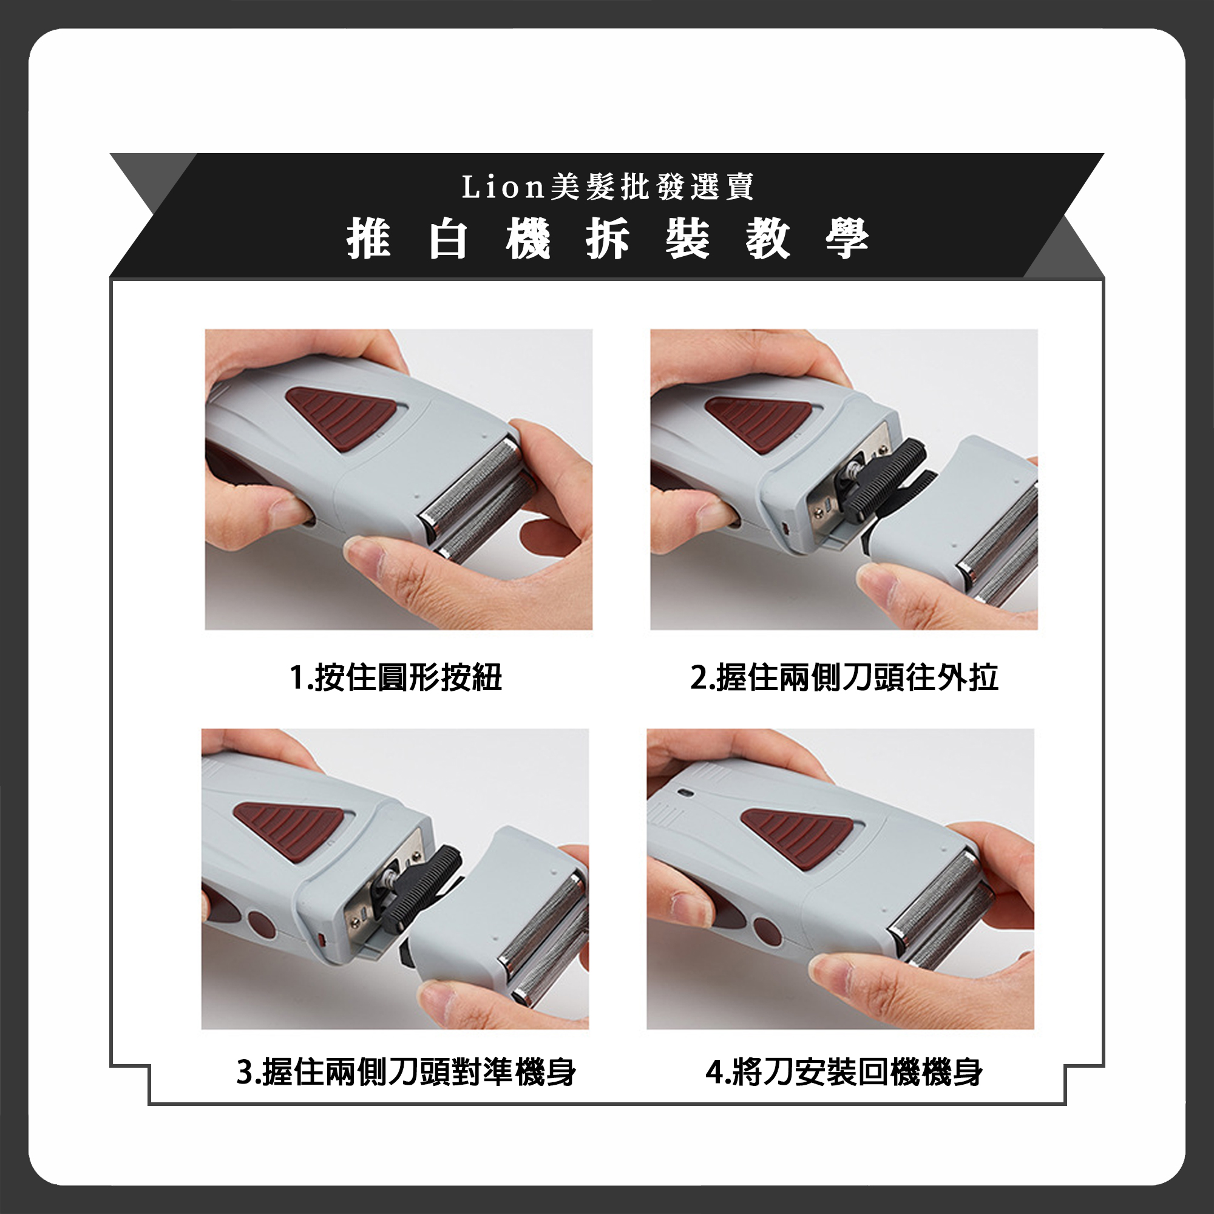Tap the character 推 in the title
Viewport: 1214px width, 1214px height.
369,238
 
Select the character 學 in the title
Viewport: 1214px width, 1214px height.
847,238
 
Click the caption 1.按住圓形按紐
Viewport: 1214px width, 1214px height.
396,677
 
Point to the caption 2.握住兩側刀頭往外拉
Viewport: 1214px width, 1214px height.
844,677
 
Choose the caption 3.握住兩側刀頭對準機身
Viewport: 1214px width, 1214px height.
406,1072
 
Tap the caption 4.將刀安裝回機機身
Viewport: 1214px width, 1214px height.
844,1072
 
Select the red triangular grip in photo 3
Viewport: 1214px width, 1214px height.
289,829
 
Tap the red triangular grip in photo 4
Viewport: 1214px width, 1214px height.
798,836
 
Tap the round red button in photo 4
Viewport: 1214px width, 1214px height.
767,931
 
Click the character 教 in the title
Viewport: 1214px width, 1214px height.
768,238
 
